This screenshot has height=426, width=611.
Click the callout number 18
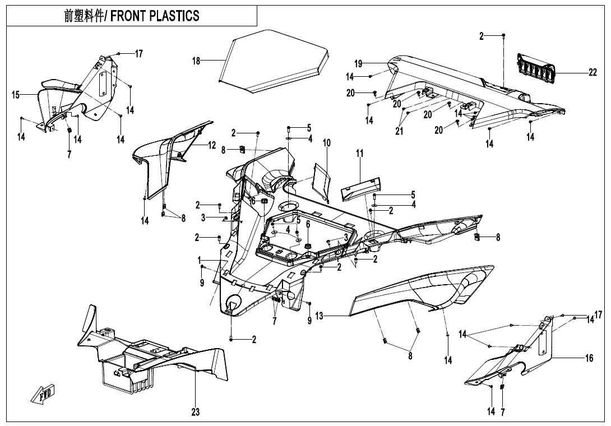[x=196, y=61]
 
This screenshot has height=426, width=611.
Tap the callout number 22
[x=593, y=73]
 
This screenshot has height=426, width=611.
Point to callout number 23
[x=195, y=412]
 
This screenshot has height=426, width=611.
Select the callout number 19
[x=358, y=63]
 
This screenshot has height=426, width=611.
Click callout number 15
[x=16, y=95]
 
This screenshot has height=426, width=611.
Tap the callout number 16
[x=589, y=358]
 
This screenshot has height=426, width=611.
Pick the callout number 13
[x=319, y=317]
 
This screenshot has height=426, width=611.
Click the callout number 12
[x=212, y=145]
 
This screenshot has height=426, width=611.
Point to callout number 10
[x=327, y=143]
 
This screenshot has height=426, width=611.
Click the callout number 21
[x=399, y=132]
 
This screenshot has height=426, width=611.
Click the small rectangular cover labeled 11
[x=360, y=184]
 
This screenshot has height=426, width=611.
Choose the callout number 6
[x=308, y=224]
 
